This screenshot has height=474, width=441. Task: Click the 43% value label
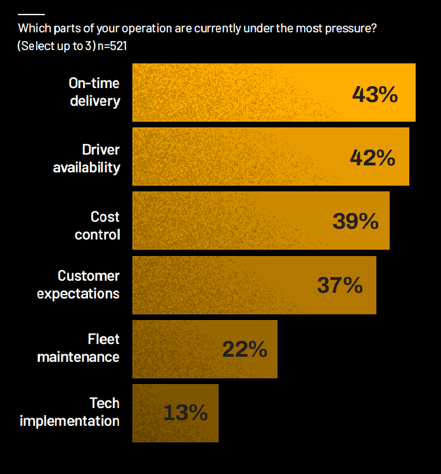pyautogui.click(x=374, y=94)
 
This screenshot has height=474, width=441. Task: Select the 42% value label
pyautogui.click(x=373, y=158)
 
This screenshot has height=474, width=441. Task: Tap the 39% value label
pyautogui.click(x=355, y=221)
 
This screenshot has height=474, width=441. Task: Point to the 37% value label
pyautogui.click(x=340, y=285)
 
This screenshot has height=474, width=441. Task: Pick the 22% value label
pyautogui.click(x=245, y=349)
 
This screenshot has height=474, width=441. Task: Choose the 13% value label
pyautogui.click(x=185, y=413)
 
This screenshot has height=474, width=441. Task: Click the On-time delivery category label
pyautogui.click(x=94, y=92)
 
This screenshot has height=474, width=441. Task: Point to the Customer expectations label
pyautogui.click(x=78, y=285)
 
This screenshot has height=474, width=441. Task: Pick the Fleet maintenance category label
pyautogui.click(x=78, y=349)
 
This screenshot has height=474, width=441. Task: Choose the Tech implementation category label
pyautogui.click(x=70, y=412)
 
